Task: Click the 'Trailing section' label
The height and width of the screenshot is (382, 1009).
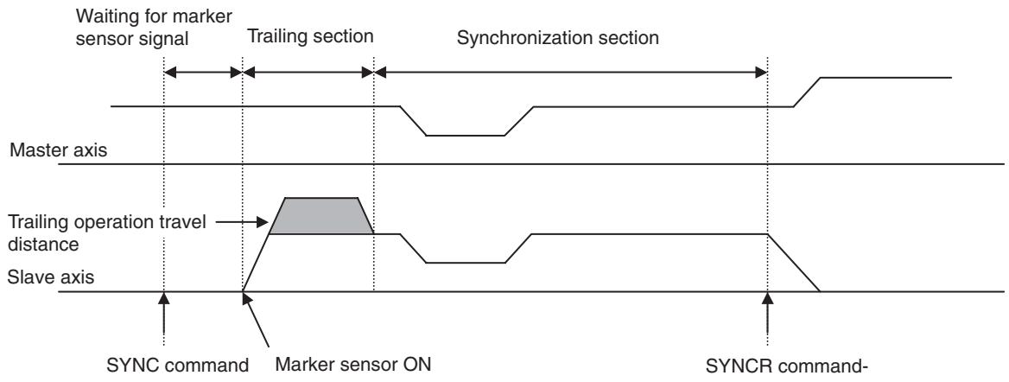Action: click(x=311, y=36)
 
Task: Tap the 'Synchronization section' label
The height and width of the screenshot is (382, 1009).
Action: click(x=557, y=38)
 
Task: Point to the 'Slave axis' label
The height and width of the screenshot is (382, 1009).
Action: click(x=51, y=278)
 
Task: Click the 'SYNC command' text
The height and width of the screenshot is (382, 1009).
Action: click(x=177, y=366)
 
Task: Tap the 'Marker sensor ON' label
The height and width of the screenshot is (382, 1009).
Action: click(x=352, y=365)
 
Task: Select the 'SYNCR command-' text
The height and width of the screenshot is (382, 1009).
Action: click(x=788, y=366)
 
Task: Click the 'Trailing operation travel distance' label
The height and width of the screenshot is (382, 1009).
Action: click(x=107, y=233)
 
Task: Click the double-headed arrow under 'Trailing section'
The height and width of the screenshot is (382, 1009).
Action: click(x=308, y=72)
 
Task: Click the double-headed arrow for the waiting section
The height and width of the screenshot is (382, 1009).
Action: click(x=203, y=72)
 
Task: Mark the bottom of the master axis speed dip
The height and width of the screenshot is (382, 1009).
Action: click(x=466, y=136)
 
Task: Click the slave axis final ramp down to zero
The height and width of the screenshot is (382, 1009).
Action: click(x=793, y=264)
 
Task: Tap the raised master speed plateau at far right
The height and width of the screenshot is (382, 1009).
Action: click(x=885, y=77)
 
